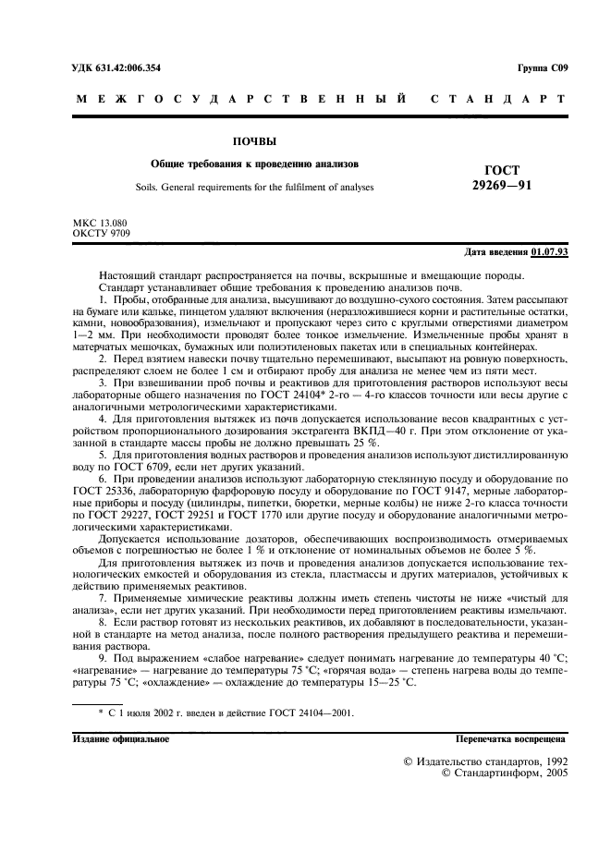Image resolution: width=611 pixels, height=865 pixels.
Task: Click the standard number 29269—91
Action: (x=501, y=185)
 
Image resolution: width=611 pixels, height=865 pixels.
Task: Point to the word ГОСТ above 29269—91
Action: (x=502, y=170)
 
